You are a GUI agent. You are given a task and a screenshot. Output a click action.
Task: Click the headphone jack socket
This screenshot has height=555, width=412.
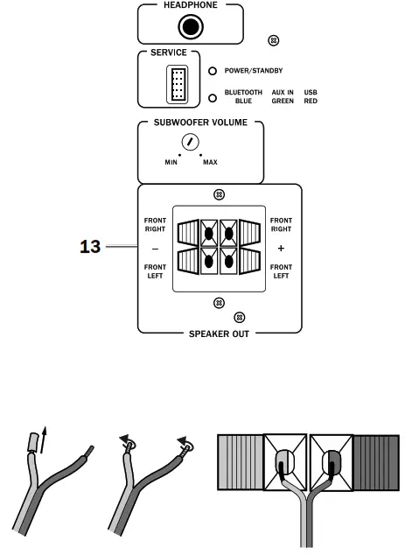point(190,27)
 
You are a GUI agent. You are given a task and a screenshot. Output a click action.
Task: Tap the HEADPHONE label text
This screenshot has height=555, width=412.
point(190,5)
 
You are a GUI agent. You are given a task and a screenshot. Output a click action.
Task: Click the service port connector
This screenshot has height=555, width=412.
point(178,86)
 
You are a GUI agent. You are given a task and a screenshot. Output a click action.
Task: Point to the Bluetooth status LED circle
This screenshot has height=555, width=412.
point(213,97)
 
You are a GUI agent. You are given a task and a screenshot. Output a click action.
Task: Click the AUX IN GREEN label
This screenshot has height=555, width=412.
point(282,97)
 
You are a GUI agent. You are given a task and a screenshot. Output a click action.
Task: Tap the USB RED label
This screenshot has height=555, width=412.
point(311,97)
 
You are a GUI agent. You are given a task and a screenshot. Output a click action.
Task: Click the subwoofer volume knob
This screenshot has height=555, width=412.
point(189,144)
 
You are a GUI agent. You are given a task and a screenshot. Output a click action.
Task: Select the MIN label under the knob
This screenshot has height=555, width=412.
point(171,163)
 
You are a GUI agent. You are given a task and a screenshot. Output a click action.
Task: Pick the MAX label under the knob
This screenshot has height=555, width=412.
point(211,163)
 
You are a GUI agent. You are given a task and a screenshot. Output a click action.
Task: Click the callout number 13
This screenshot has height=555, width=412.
point(91,248)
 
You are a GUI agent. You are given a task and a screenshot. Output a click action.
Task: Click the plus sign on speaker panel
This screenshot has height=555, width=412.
point(281,248)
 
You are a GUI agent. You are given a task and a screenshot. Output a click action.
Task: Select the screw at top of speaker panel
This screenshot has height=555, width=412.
point(219,194)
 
